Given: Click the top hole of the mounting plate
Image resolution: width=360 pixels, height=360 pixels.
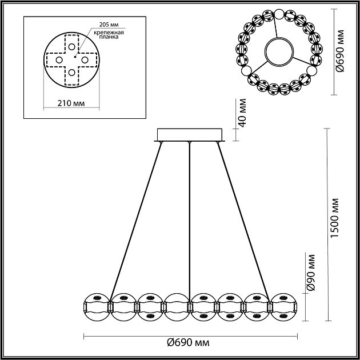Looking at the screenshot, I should (71, 46).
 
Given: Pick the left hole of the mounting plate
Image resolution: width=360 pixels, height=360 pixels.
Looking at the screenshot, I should (59, 59).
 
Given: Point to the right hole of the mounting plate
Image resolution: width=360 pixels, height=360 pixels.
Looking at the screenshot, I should (84, 59).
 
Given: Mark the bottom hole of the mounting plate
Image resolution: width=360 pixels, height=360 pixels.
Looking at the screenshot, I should (71, 72).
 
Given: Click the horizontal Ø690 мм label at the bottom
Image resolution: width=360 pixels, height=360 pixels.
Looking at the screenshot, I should (187, 343).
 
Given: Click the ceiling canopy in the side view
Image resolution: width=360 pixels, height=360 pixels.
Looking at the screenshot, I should (189, 135).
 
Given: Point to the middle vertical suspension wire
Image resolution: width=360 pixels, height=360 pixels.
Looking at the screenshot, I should (189, 217).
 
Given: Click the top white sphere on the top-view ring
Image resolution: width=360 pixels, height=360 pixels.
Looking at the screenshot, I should (279, 14).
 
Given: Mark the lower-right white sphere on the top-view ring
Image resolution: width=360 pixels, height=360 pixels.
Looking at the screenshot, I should (312, 71).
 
